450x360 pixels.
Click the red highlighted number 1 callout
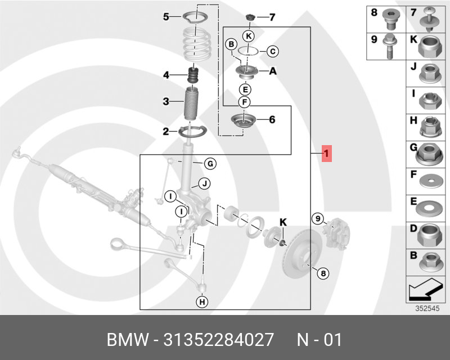point(327,154)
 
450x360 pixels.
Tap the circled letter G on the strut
point(209,164)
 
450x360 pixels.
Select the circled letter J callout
point(204,183)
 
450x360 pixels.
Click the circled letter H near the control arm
point(201,302)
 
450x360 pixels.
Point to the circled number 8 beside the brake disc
point(322,274)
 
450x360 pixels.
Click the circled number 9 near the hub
point(318,218)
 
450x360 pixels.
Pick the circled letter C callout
point(272,52)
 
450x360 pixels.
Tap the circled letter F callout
point(244,102)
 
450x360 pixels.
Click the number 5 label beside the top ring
point(166,17)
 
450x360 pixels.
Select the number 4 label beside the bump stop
point(166,75)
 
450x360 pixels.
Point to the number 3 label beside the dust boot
point(166,102)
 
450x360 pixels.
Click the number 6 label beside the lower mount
point(272,119)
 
